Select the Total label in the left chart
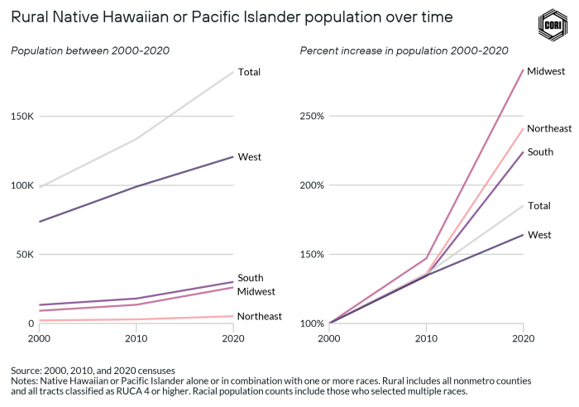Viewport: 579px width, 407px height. pyautogui.click(x=249, y=72)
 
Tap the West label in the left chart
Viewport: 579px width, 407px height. pyautogui.click(x=249, y=156)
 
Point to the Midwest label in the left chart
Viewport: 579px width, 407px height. pyautogui.click(x=256, y=291)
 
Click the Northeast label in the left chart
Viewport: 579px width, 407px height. pyautogui.click(x=259, y=316)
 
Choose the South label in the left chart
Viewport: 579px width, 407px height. pyautogui.click(x=250, y=278)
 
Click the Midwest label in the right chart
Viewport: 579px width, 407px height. pyautogui.click(x=546, y=71)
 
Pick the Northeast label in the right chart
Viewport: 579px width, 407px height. pyautogui.click(x=549, y=128)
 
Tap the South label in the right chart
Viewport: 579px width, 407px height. pyautogui.click(x=540, y=152)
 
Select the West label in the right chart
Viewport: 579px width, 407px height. pyautogui.click(x=539, y=235)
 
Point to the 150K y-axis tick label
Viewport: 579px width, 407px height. pyautogui.click(x=22, y=116)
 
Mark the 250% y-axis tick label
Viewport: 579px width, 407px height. pyautogui.click(x=313, y=116)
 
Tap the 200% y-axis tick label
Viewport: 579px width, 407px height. pyautogui.click(x=313, y=185)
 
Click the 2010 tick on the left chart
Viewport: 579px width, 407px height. pyautogui.click(x=136, y=338)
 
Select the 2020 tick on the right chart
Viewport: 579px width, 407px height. pyautogui.click(x=523, y=338)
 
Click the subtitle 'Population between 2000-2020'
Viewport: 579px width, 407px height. pyautogui.click(x=90, y=51)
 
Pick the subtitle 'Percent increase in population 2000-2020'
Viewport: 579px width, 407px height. pyautogui.click(x=404, y=51)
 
